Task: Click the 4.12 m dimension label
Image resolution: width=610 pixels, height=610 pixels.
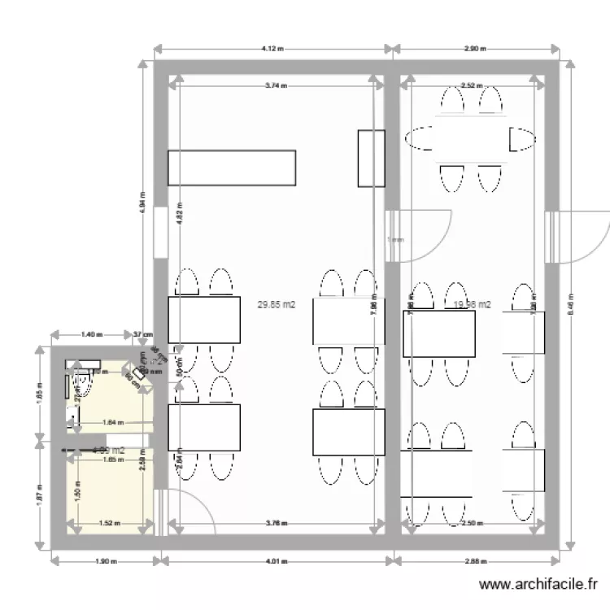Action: coord(272,49)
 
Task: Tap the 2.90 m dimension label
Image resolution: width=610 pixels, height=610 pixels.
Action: coord(475,49)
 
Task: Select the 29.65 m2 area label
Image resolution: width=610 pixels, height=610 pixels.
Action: coord(277,305)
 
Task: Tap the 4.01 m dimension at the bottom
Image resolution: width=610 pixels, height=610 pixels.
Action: coord(277,560)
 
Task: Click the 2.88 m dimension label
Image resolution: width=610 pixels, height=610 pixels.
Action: coord(476,560)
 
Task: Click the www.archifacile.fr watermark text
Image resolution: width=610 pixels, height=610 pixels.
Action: coord(538,583)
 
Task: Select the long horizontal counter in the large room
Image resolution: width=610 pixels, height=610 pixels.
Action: coord(231,168)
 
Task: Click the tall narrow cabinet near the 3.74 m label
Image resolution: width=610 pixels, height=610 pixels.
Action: coord(371,157)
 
